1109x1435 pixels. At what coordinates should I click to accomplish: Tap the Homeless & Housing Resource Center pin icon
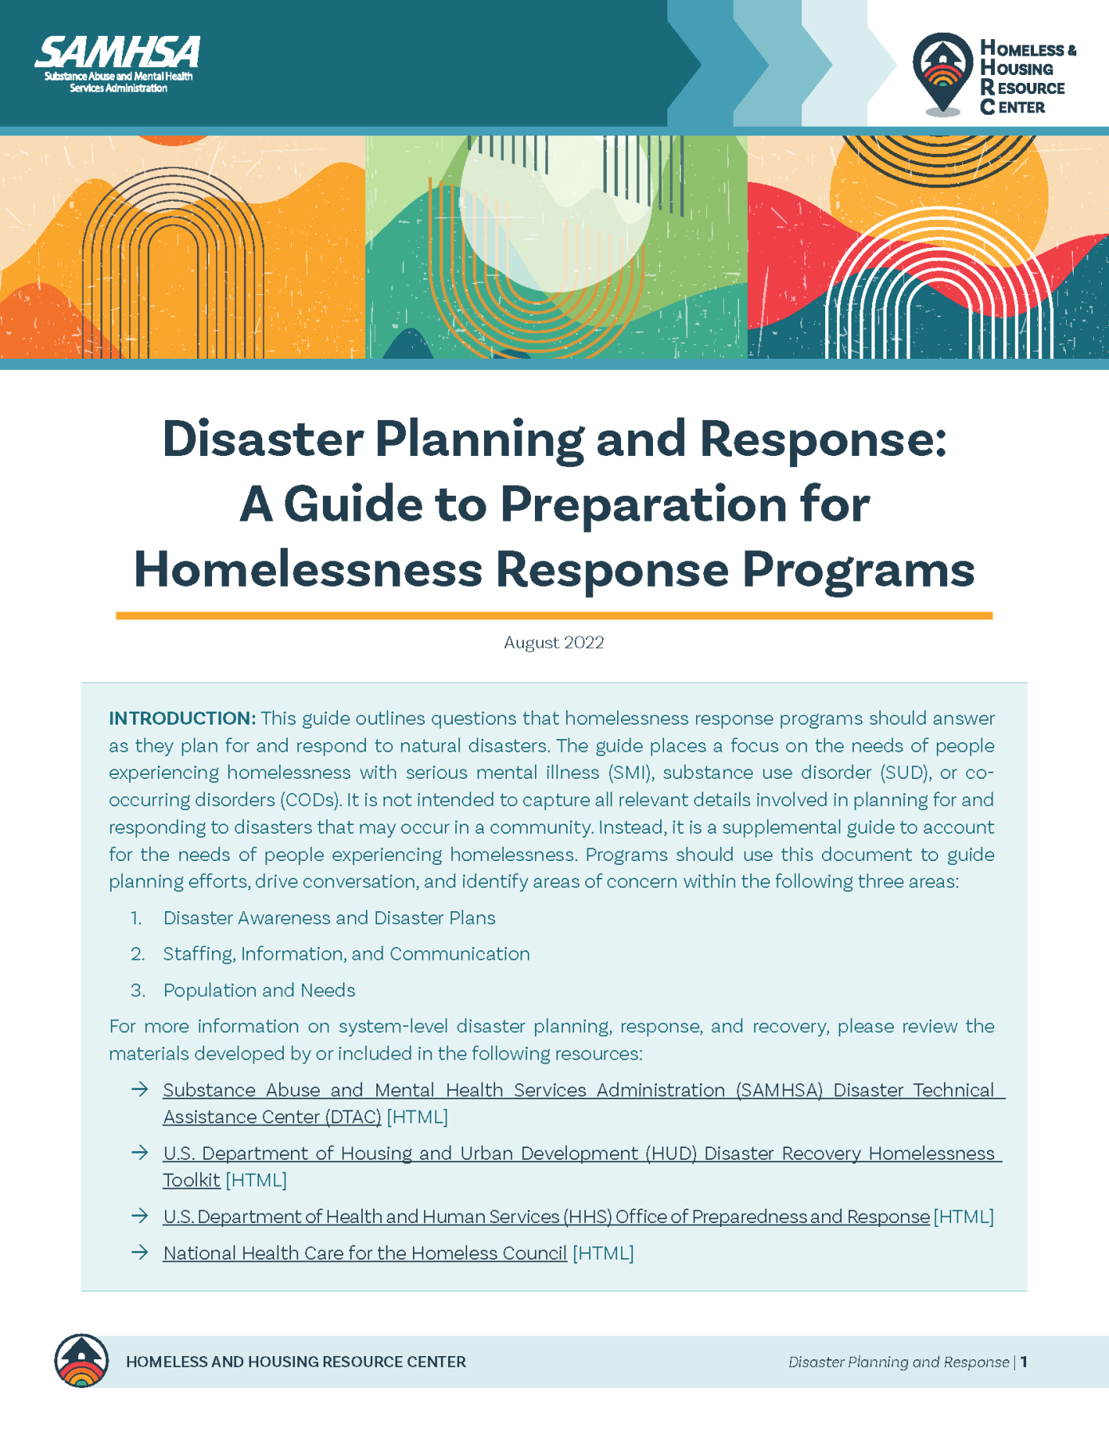click(x=942, y=73)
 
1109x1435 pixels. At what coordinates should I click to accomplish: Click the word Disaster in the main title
click(x=263, y=439)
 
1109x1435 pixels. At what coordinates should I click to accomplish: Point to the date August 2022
click(x=554, y=643)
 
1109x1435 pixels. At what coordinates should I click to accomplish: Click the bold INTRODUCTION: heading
click(x=182, y=718)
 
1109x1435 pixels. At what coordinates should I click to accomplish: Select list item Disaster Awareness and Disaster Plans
click(x=328, y=918)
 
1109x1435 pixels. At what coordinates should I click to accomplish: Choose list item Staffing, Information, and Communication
click(x=346, y=953)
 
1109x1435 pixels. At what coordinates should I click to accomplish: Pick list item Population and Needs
click(x=259, y=990)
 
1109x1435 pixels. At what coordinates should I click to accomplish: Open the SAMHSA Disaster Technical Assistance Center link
click(x=578, y=1090)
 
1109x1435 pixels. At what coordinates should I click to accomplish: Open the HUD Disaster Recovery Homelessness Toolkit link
click(x=578, y=1154)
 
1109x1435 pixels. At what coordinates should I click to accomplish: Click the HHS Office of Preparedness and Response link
click(x=546, y=1217)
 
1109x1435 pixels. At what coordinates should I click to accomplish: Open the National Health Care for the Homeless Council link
click(x=364, y=1253)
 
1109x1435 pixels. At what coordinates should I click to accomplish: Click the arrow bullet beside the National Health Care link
click(x=140, y=1252)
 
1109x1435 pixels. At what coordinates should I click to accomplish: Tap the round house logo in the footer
click(x=81, y=1361)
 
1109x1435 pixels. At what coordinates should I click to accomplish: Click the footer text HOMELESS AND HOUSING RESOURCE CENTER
click(x=296, y=1362)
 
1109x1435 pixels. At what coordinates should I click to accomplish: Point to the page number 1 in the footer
click(x=1024, y=1362)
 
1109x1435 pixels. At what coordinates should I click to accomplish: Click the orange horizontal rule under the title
click(x=554, y=615)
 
